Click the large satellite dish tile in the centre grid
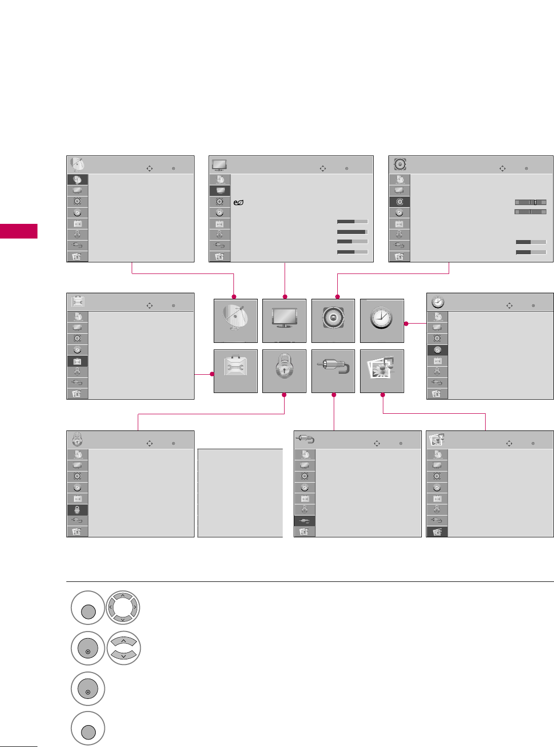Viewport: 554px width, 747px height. tap(235, 321)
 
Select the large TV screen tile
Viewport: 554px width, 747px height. tap(284, 321)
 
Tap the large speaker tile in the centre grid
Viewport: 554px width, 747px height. tap(333, 321)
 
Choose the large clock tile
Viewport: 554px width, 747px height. tap(382, 321)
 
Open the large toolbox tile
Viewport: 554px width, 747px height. tap(235, 371)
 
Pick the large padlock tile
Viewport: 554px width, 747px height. tap(284, 371)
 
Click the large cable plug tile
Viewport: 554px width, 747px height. tap(333, 371)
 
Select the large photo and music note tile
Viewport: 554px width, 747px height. tap(382, 371)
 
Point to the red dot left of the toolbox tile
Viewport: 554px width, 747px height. tap(212, 374)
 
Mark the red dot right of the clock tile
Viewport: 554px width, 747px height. tap(406, 323)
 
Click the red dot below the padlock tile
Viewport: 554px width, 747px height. tap(284, 395)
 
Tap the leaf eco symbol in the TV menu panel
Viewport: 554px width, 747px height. tap(238, 203)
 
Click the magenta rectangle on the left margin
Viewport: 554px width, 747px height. tap(19, 230)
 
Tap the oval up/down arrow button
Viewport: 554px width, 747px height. tap(123, 648)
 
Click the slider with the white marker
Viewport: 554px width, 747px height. tap(530, 202)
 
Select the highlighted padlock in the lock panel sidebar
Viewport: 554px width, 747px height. tap(77, 510)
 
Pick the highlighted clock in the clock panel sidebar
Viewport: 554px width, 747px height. tap(438, 350)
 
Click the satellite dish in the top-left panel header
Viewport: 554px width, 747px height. tap(77, 164)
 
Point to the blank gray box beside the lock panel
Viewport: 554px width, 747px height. tap(240, 492)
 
